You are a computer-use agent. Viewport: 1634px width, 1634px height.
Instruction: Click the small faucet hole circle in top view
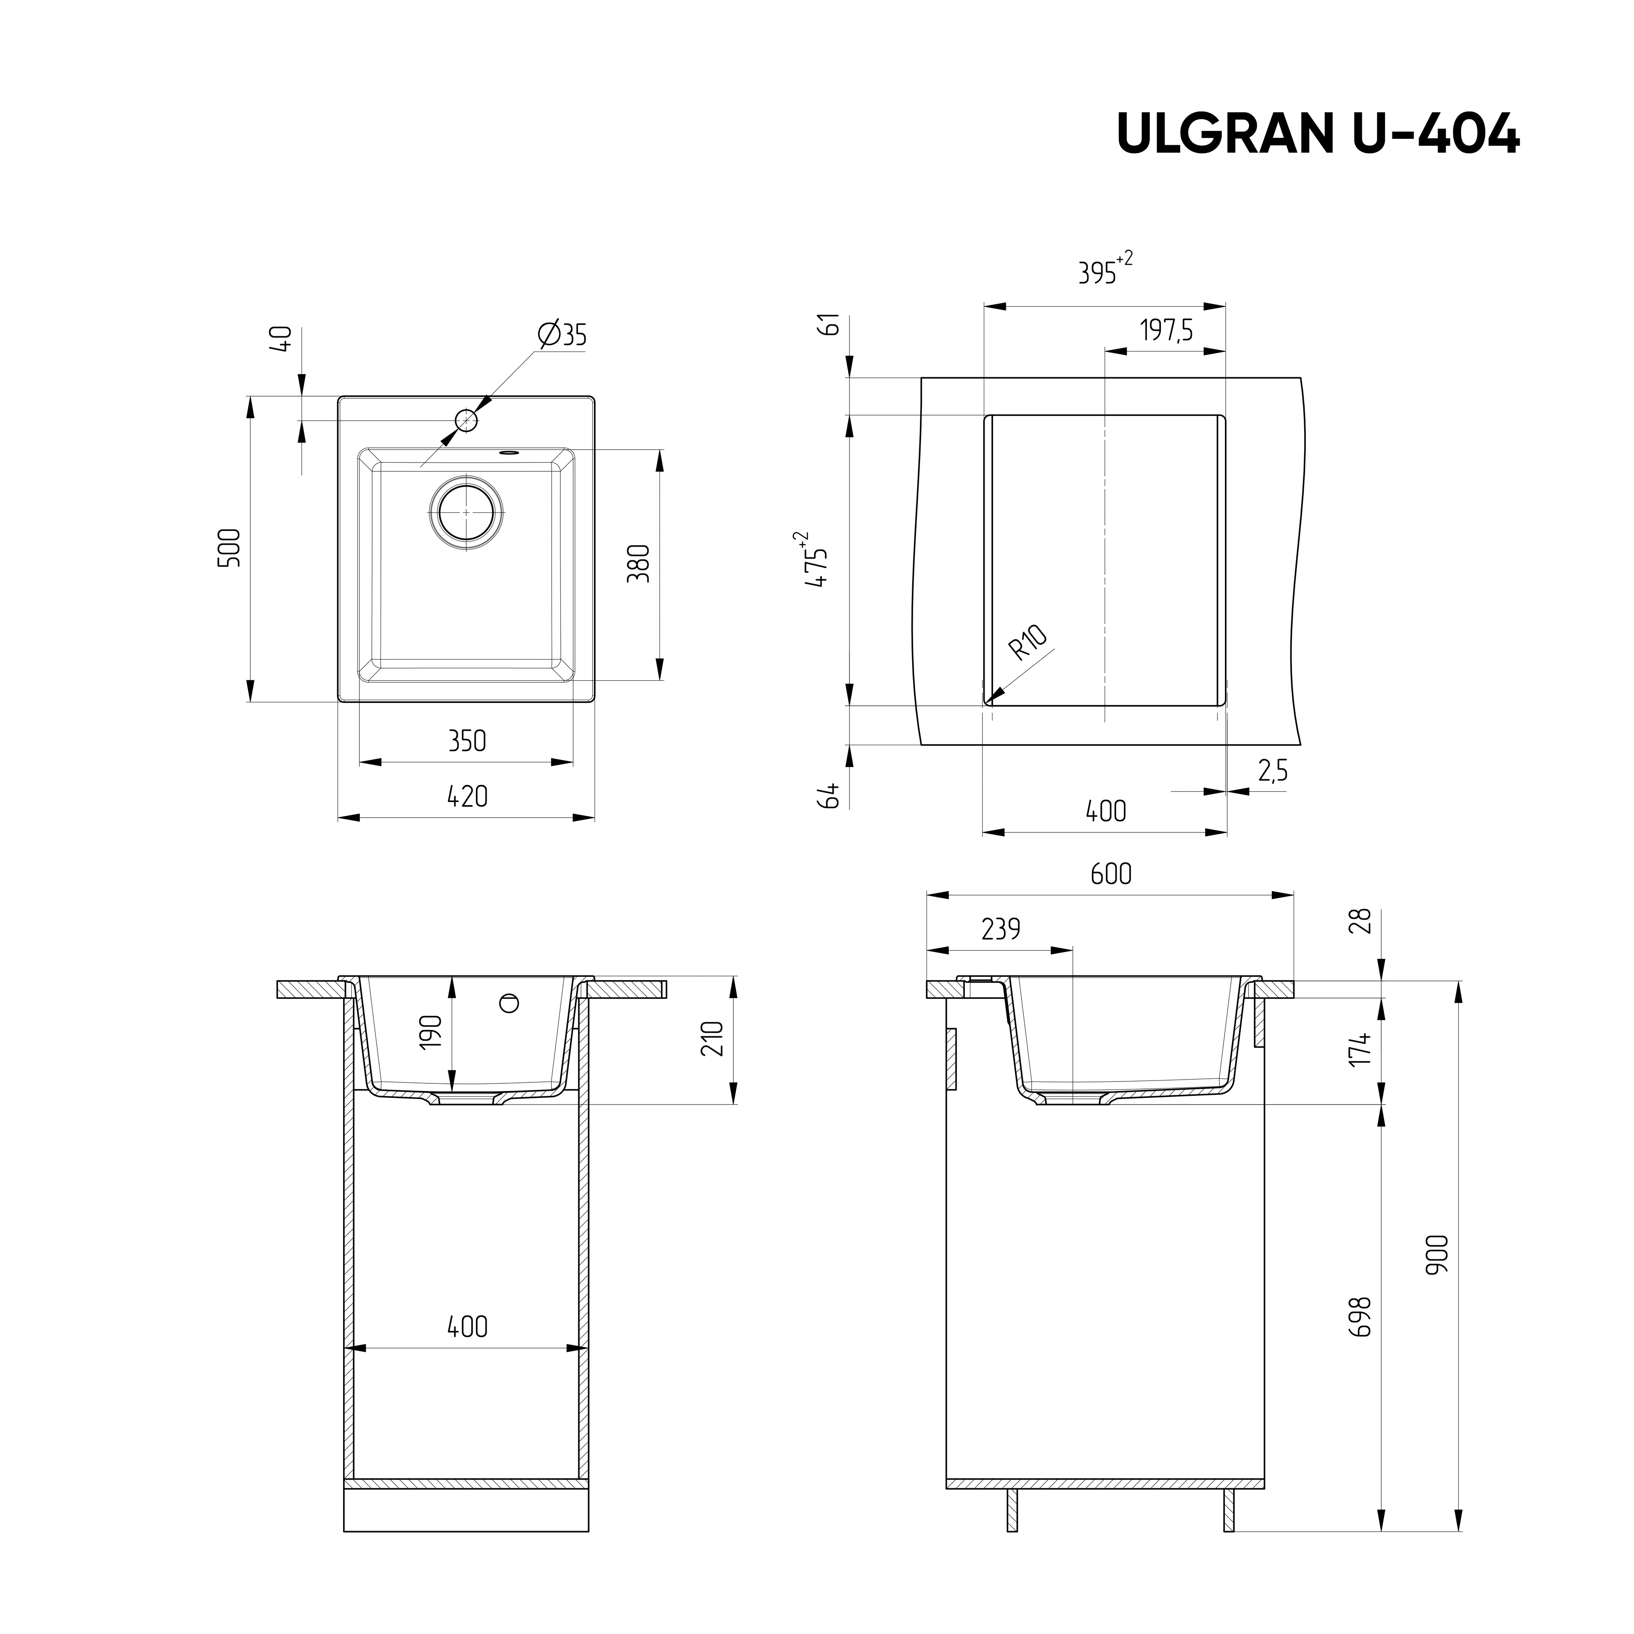466,420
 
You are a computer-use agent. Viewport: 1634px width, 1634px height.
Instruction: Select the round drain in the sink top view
466,512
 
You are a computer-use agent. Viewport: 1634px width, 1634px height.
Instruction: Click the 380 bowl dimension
639,563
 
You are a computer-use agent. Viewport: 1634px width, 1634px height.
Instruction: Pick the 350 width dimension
467,741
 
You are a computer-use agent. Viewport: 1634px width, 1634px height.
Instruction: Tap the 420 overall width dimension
467,796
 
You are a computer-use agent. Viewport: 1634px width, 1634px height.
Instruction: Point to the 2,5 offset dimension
1272,771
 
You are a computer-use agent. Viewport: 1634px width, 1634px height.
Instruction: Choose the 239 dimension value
1000,929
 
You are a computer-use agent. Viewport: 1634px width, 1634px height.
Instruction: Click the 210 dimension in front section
712,1039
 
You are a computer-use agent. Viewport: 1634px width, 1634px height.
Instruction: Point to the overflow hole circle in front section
509,1003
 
